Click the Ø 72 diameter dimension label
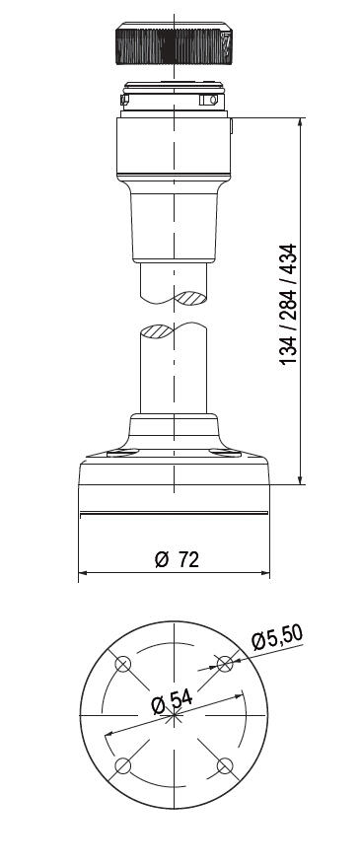[177, 559]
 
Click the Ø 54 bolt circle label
[172, 702]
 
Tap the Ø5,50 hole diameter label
[277, 637]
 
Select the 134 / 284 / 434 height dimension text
[288, 304]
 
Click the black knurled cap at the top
[174, 43]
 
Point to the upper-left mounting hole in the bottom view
[122, 664]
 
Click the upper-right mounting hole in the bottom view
[225, 664]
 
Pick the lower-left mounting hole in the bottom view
[122, 765]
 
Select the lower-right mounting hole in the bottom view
[225, 765]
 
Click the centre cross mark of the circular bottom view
[174, 715]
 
